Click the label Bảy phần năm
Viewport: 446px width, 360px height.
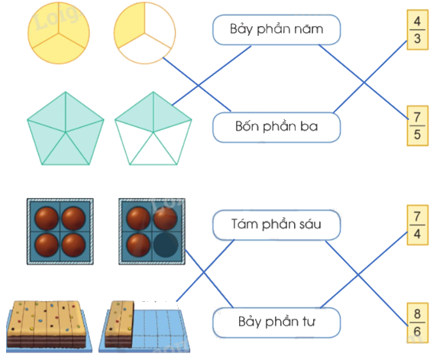coord(276,31)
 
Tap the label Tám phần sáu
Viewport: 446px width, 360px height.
coord(276,225)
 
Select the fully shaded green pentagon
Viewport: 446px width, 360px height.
coord(65,128)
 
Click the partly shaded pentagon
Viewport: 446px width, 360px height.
coord(153,128)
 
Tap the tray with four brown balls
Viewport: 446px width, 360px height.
coord(60,232)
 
